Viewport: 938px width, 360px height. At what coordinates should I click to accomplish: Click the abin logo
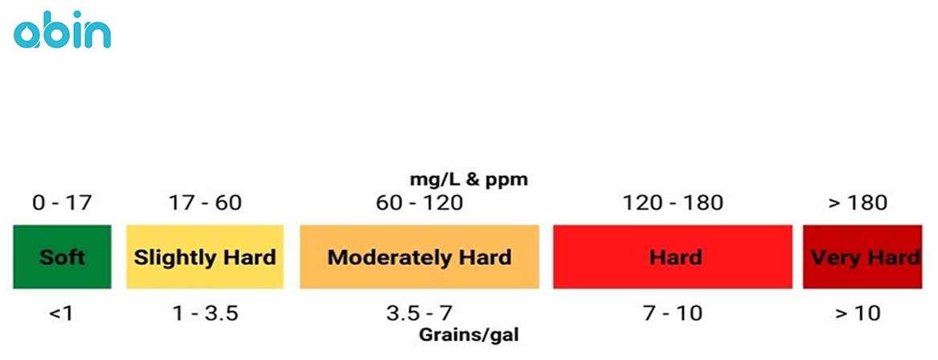point(63,33)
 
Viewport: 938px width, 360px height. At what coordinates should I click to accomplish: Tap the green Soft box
point(61,257)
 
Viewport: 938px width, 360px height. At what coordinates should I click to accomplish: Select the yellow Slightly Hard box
point(204,257)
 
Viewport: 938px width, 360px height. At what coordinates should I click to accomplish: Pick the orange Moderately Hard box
point(419,257)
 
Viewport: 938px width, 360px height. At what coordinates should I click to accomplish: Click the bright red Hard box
point(672,257)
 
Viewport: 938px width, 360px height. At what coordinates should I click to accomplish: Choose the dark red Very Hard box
point(862,257)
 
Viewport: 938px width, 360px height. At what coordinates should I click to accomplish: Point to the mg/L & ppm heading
point(469,179)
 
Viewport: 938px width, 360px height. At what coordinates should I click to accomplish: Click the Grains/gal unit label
point(469,333)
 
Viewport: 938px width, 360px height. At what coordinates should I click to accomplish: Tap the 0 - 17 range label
point(61,202)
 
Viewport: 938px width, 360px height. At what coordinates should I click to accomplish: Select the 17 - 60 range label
point(205,202)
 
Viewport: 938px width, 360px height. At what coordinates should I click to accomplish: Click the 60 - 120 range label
point(420,202)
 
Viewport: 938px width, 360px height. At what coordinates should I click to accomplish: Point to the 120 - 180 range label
point(673,202)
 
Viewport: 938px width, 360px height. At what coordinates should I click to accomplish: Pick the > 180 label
point(858,202)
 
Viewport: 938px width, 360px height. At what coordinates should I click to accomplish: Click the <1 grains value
point(61,313)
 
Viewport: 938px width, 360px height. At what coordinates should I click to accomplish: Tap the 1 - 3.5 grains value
point(205,313)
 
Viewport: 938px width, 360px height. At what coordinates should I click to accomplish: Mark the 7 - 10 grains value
point(673,313)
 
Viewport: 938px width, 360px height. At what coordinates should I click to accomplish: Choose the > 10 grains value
point(858,313)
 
